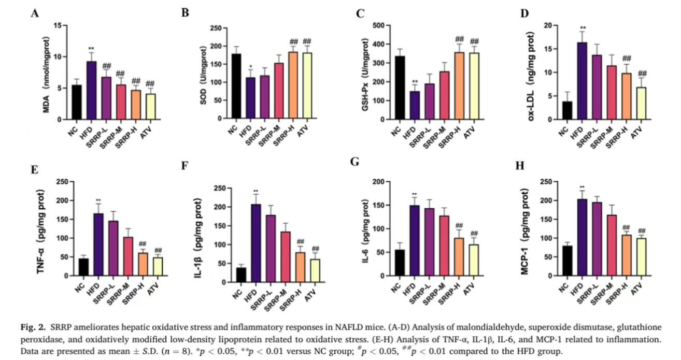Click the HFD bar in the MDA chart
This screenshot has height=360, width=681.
tap(91, 91)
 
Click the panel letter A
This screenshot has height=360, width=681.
tap(35, 14)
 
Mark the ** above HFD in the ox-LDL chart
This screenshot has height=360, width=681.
tap(583, 28)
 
